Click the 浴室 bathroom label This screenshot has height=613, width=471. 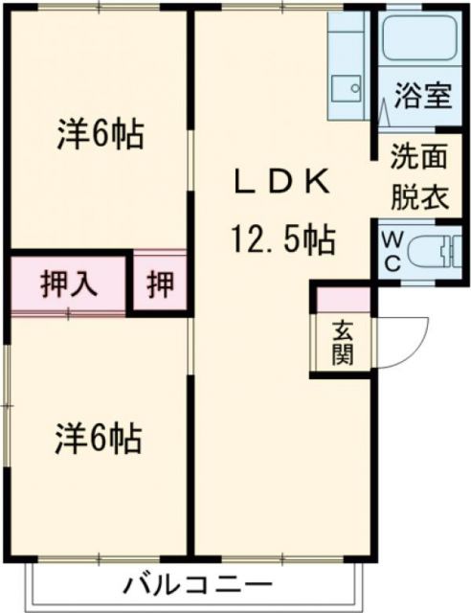point(420,98)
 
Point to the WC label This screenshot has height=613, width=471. point(392,250)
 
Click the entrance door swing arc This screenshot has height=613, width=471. point(408,335)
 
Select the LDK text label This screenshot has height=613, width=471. point(283,180)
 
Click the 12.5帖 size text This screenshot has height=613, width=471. point(281,240)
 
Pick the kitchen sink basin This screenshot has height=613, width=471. point(347,89)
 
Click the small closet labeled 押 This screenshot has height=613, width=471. point(160,284)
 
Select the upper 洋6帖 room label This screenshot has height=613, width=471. point(99,135)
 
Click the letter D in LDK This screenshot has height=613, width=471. point(283,180)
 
